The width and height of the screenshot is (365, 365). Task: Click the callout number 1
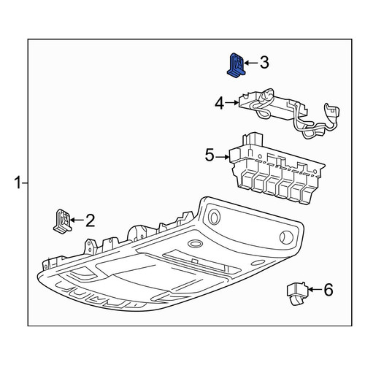pos(18,183)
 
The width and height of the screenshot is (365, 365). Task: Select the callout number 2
pos(90,220)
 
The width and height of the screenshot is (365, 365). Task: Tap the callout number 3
pos(264,63)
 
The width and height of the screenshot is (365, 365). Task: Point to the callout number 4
pos(219,103)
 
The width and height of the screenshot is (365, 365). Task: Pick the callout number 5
pos(210,155)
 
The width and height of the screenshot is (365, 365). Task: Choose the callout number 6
pos(328,290)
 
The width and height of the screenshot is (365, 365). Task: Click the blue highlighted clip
pos(236,65)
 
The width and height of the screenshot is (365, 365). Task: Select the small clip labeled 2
pos(62,221)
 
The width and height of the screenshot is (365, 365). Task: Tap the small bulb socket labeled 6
pos(296,293)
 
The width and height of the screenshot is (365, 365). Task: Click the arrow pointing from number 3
pos(250,63)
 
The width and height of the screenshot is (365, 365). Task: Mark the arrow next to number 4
pos(231,103)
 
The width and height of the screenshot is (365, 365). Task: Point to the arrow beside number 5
pos(223,157)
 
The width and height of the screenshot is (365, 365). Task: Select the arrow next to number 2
pos(77,220)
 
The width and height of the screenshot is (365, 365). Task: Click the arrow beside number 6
pos(315,290)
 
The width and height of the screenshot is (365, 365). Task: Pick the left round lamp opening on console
pos(214,217)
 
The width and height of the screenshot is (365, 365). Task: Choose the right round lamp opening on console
pos(286,237)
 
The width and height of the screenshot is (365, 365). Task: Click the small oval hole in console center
pos(195,244)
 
